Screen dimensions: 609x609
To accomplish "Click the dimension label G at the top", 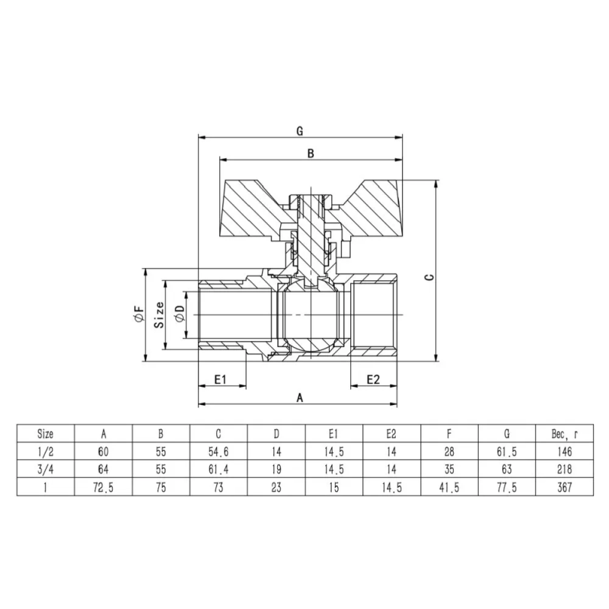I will [x=300, y=130].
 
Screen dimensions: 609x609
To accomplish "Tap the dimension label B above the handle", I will [x=311, y=153].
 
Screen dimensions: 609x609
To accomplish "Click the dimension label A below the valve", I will [x=300, y=397].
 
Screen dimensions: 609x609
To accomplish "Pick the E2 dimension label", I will [x=374, y=378].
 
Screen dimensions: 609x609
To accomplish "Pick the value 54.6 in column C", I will [x=218, y=451].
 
